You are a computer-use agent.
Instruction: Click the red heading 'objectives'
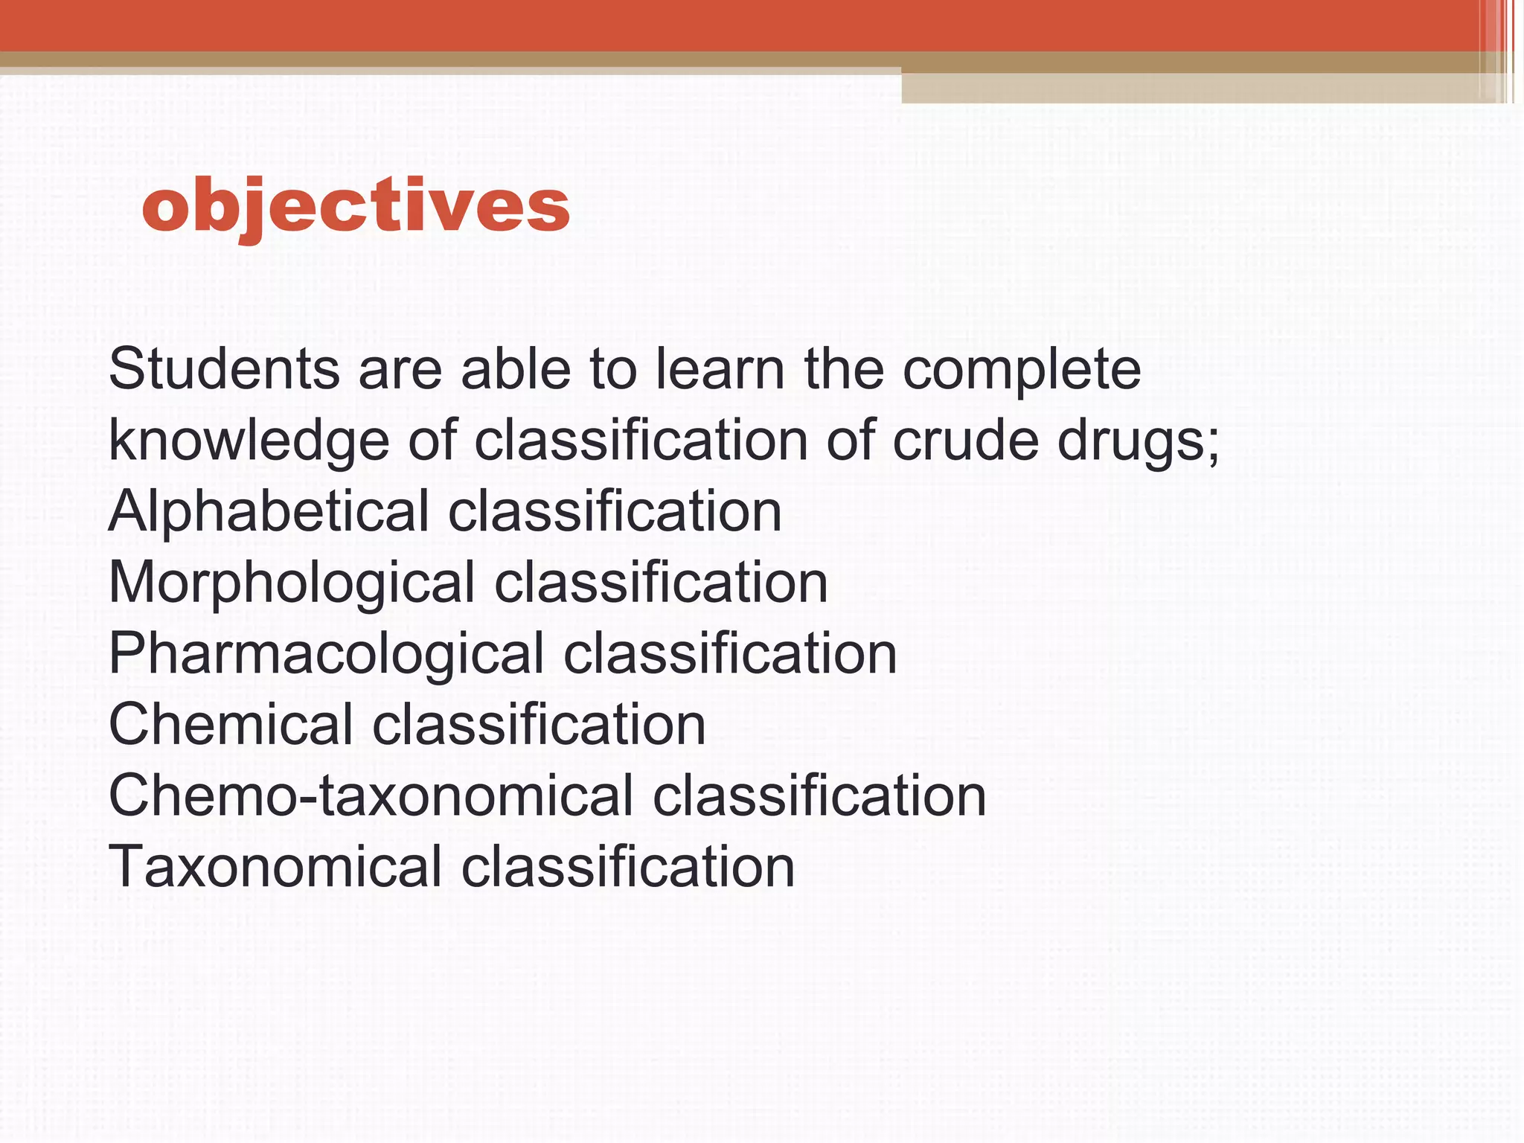(x=356, y=206)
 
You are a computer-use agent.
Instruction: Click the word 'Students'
(x=224, y=369)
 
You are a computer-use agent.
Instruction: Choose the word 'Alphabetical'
(x=269, y=512)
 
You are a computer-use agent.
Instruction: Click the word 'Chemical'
(x=231, y=725)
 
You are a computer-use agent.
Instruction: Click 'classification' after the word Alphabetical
(x=615, y=512)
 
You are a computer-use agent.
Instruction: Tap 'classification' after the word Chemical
(x=539, y=725)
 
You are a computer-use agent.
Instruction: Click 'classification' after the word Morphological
(x=661, y=583)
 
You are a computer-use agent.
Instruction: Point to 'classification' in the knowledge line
(x=641, y=441)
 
